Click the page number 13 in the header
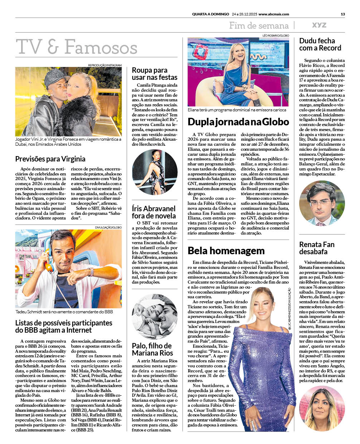(x=342, y=14)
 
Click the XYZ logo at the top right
(x=319, y=25)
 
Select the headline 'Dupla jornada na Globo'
(x=238, y=122)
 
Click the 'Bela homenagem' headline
(x=226, y=250)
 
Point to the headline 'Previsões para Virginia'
(x=50, y=159)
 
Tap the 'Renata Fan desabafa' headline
(x=317, y=248)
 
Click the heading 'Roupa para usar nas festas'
(x=154, y=74)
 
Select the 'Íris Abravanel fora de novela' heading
(x=154, y=212)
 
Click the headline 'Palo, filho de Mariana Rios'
(x=152, y=349)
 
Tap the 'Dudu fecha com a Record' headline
(x=320, y=44)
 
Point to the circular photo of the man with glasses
(x=322, y=203)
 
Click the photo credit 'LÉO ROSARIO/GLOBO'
(x=276, y=36)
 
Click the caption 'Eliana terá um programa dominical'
(x=237, y=110)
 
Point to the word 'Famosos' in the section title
(x=101, y=47)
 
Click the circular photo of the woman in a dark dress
(x=155, y=172)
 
